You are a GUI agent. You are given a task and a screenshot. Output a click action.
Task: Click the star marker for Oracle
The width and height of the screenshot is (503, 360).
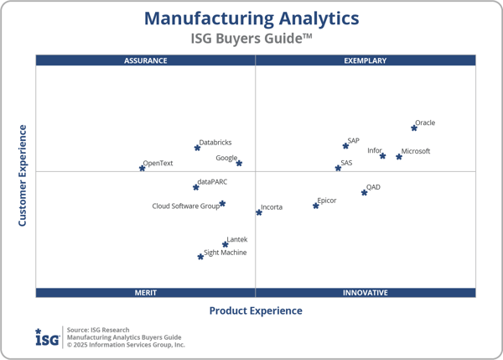414,128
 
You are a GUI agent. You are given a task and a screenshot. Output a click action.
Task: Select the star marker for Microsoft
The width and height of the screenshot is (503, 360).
399,157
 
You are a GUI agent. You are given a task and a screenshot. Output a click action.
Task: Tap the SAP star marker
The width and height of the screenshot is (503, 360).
345,146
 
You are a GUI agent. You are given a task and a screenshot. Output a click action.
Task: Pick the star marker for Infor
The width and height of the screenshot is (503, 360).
383,156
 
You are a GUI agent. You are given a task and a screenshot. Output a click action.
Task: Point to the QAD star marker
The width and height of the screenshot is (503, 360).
364,193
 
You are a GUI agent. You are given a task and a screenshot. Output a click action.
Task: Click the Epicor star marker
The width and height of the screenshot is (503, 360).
316,206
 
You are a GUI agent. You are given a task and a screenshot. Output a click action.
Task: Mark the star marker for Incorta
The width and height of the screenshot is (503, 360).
259,212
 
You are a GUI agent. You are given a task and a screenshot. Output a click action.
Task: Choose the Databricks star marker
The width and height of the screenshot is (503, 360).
197,148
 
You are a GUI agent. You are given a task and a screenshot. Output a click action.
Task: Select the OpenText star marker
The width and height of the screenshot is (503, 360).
142,169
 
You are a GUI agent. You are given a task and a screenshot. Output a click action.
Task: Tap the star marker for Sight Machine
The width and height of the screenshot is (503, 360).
200,257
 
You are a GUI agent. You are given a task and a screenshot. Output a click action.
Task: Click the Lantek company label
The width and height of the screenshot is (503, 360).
237,239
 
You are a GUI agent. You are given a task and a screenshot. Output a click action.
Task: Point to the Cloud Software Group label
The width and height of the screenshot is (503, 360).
185,206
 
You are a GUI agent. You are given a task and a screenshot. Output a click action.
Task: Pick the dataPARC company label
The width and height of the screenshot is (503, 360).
213,181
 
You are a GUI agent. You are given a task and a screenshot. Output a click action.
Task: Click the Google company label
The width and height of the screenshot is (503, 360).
226,158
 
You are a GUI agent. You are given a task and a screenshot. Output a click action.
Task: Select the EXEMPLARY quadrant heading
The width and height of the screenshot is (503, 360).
366,60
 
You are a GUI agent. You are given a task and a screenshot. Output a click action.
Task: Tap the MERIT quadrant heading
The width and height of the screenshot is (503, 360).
146,293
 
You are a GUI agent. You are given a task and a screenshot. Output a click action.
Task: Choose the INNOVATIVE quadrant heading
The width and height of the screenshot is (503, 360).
366,293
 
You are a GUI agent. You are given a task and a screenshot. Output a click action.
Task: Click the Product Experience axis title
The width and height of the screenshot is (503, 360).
256,310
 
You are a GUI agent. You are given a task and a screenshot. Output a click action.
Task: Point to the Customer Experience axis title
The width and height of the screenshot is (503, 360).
23,175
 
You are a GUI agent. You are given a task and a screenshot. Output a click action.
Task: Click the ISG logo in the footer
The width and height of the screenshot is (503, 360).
47,337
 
